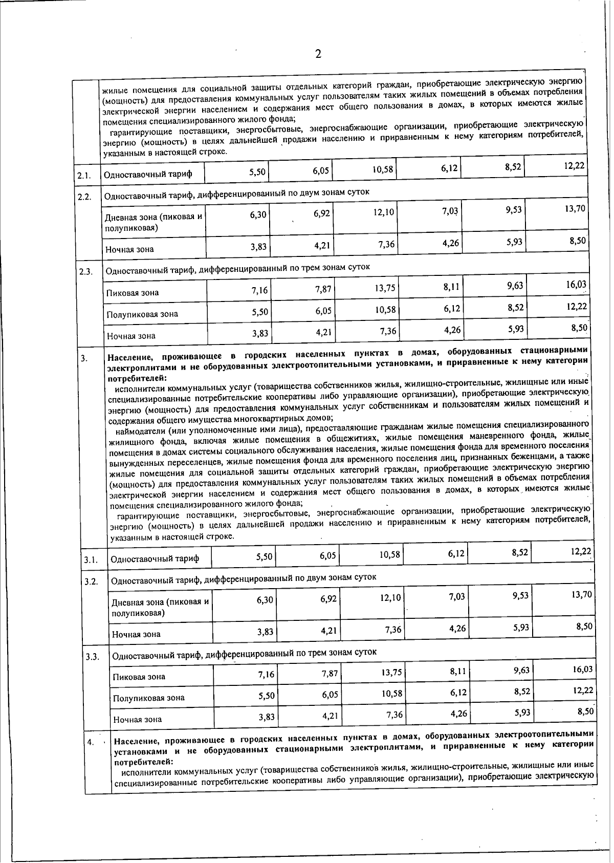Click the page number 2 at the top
click(318, 54)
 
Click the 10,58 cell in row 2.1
click(383, 169)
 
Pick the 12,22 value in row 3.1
click(581, 551)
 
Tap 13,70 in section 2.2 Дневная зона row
click(575, 208)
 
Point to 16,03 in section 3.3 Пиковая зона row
click(582, 669)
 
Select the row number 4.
click(90, 742)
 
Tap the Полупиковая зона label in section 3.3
click(148, 698)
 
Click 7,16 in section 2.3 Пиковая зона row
click(259, 291)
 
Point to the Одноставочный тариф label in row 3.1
click(155, 559)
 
